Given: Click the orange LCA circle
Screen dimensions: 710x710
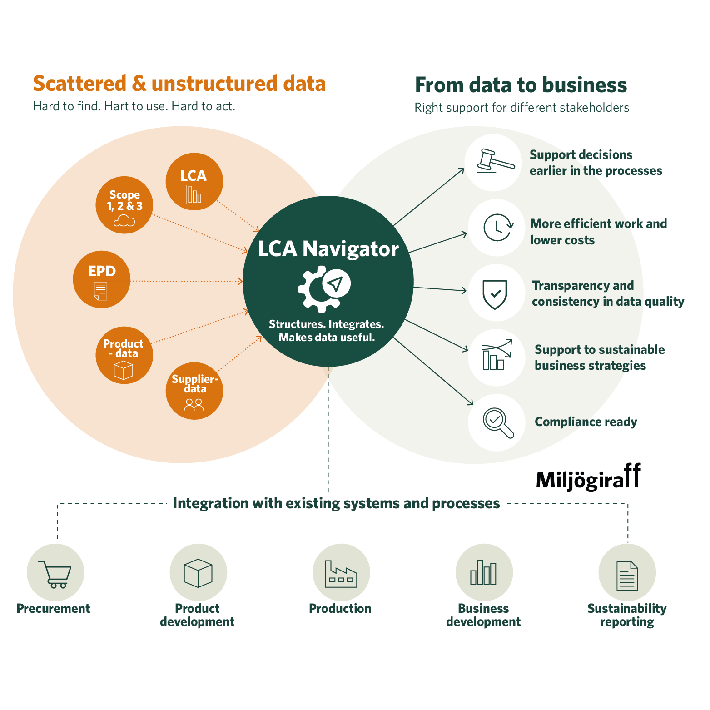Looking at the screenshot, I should pos(194,182).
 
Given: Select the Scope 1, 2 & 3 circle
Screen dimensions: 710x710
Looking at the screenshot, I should pos(124,205).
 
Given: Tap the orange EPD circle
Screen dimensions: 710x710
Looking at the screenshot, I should pos(102,280).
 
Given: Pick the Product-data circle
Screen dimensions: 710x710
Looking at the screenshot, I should pos(124,355).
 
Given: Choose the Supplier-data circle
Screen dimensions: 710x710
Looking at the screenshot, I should pos(194,391).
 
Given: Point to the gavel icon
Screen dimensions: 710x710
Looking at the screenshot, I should pos(494,162).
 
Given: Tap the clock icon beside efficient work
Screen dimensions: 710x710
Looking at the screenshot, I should pos(497,228).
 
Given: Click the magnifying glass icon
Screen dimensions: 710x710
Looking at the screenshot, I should pos(497,423).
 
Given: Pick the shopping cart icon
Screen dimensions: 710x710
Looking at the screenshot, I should pos(55,573).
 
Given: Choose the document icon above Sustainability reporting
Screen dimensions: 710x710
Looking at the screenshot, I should pos(627,576).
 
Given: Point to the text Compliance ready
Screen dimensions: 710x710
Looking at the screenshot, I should pos(586,422).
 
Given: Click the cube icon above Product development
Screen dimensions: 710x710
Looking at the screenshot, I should pos(198,573).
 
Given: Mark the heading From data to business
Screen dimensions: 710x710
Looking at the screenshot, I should pos(521,85).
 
